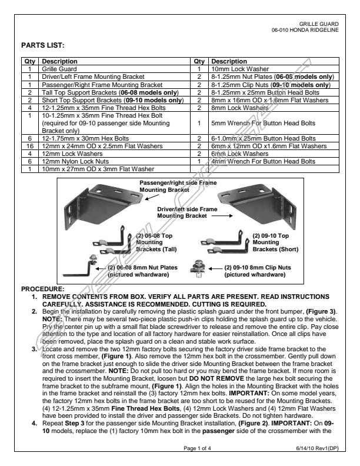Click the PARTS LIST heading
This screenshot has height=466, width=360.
click(x=42, y=45)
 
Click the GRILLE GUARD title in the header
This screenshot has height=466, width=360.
click(x=318, y=24)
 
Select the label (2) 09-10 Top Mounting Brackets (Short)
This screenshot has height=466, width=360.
click(x=269, y=242)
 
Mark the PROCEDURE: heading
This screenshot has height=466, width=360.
click(x=42, y=289)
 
